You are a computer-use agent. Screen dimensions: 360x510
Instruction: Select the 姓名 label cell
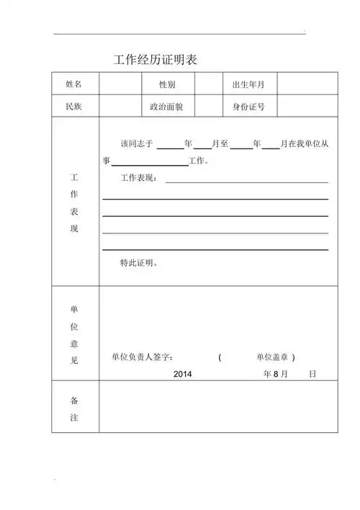[74, 85]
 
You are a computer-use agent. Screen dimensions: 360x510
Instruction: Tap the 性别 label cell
[167, 85]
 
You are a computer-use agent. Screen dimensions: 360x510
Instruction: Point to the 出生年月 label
[248, 85]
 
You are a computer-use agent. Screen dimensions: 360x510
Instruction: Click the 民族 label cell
[74, 107]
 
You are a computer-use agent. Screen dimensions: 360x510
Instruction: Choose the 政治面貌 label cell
[167, 107]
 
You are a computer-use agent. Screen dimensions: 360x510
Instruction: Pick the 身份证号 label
[248, 107]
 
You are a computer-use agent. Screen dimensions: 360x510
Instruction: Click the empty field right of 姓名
[120, 85]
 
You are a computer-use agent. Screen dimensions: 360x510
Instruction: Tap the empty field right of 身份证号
[307, 107]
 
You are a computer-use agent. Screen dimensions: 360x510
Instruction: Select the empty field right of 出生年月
[307, 85]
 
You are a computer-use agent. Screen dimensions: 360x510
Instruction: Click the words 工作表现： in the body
[139, 178]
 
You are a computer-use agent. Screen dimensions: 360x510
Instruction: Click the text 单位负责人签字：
[143, 357]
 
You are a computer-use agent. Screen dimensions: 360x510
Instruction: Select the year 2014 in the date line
[183, 375]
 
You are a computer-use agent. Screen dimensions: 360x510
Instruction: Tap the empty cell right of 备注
[218, 407]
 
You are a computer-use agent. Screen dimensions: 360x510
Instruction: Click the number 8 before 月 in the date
[274, 375]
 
